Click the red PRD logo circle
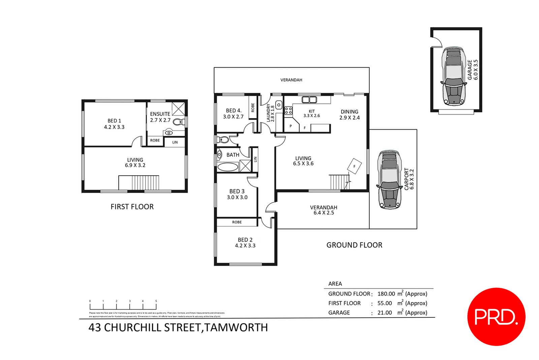(x=496, y=317)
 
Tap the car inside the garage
(x=454, y=76)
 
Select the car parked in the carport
(x=389, y=179)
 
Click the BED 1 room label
(x=114, y=124)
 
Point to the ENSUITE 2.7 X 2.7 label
(x=160, y=117)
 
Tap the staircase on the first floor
(x=138, y=182)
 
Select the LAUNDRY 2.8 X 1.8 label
(x=271, y=113)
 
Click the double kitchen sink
(x=309, y=99)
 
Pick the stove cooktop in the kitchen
(x=288, y=111)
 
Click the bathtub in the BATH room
(x=228, y=167)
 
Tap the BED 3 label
(x=237, y=194)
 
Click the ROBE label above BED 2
(x=237, y=222)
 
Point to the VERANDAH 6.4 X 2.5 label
(x=323, y=210)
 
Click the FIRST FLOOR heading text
(x=132, y=207)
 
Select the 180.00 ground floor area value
(x=386, y=294)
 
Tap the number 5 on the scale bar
(x=156, y=301)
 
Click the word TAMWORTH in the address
(x=236, y=327)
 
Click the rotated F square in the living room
(x=354, y=166)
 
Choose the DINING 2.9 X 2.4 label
(x=349, y=115)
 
